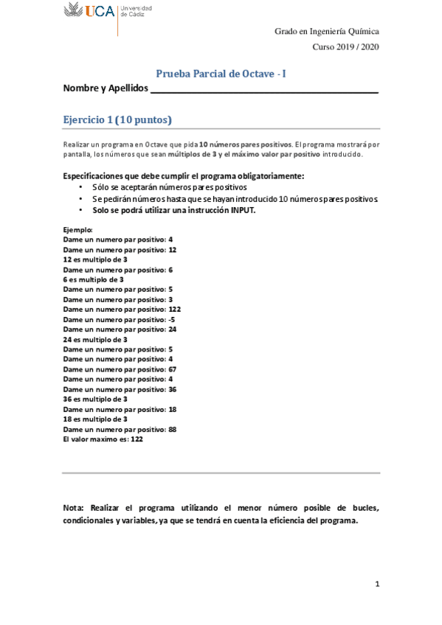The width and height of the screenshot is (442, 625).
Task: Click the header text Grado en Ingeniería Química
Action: [x=327, y=31]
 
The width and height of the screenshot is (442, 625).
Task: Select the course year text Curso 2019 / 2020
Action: [x=345, y=47]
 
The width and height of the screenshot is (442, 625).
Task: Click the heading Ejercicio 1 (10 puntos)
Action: [x=117, y=119]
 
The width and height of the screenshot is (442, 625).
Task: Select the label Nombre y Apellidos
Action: [x=106, y=88]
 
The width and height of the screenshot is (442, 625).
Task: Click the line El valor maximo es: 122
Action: [x=103, y=439]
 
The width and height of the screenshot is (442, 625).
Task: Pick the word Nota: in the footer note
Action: [x=74, y=508]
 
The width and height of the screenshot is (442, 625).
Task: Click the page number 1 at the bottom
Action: [x=376, y=584]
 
